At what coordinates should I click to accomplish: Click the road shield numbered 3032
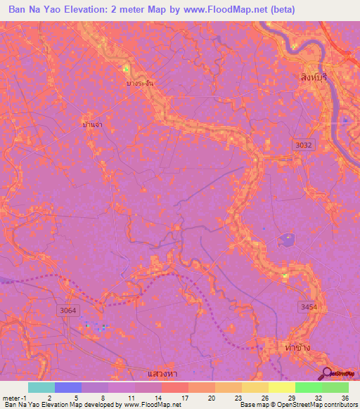[x=302, y=143]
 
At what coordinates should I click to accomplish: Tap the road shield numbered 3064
[x=68, y=309]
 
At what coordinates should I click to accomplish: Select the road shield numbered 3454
[x=309, y=306]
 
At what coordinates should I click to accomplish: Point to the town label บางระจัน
[x=141, y=83]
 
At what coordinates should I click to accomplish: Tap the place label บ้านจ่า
[x=93, y=124]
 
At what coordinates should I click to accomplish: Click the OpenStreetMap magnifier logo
[x=327, y=372]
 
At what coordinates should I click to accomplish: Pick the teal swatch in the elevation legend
[x=41, y=387]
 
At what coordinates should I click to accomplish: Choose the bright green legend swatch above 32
[x=308, y=387]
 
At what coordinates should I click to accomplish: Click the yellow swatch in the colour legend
[x=281, y=387]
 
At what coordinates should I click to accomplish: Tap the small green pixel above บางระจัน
[x=127, y=69]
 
